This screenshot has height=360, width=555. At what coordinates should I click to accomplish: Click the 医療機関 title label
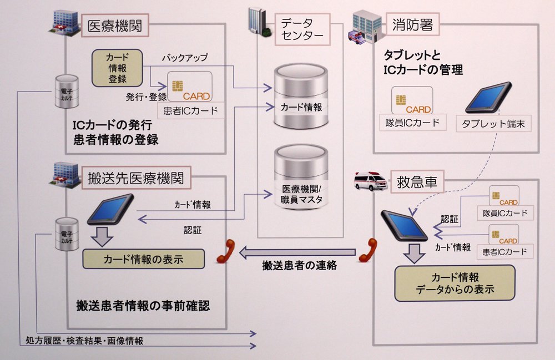(x=115, y=26)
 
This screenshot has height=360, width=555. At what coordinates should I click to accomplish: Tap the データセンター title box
(x=302, y=29)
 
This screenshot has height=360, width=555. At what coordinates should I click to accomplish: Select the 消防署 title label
(x=412, y=24)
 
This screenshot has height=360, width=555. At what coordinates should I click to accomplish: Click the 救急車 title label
(x=417, y=182)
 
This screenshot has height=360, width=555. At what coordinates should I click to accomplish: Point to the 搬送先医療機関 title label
(x=137, y=178)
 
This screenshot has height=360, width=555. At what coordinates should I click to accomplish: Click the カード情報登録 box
(x=117, y=68)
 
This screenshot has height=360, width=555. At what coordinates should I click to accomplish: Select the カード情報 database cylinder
(x=301, y=96)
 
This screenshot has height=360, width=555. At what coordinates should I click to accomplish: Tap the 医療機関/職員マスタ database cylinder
(x=301, y=177)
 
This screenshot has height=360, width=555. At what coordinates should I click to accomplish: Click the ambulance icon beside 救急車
(x=371, y=181)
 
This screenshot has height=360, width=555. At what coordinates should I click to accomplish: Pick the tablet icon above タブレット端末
(x=488, y=98)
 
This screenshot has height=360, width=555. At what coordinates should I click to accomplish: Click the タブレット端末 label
(x=493, y=124)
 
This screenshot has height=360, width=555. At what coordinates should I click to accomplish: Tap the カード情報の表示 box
(x=143, y=259)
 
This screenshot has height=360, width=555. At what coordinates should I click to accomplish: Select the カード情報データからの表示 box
(x=455, y=283)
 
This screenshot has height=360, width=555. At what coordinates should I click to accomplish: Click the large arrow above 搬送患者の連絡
(x=297, y=252)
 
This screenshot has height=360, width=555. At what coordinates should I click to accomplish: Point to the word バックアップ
(x=185, y=58)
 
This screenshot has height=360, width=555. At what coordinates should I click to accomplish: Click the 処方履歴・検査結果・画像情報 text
(x=84, y=341)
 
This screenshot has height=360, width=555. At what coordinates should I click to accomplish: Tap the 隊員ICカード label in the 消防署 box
(x=413, y=123)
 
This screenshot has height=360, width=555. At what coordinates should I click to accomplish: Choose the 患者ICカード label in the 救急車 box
(x=504, y=252)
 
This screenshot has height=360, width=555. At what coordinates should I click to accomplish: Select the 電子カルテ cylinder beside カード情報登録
(x=67, y=92)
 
